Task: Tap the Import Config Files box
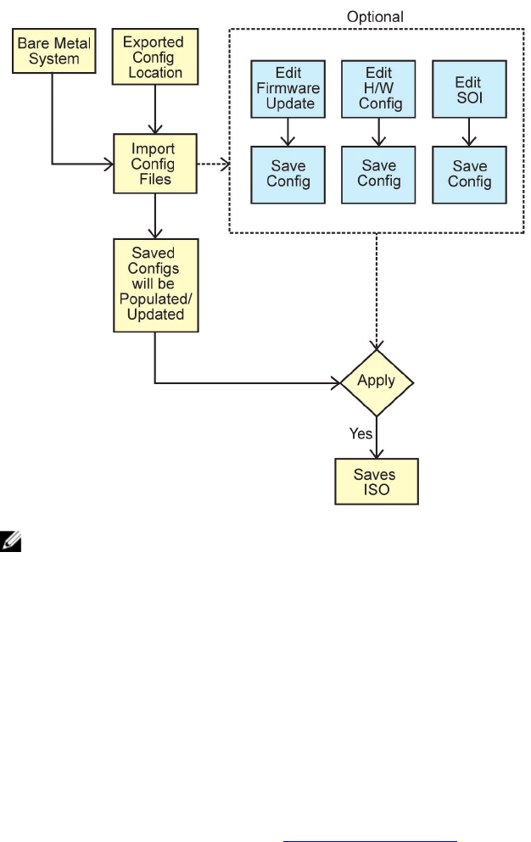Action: [155, 163]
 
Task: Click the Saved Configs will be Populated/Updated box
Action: [155, 284]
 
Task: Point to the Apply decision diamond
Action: [377, 382]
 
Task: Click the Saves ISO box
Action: [376, 482]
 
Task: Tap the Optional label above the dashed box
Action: [375, 16]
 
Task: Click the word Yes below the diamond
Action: [361, 432]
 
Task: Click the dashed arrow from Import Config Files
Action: [212, 163]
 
